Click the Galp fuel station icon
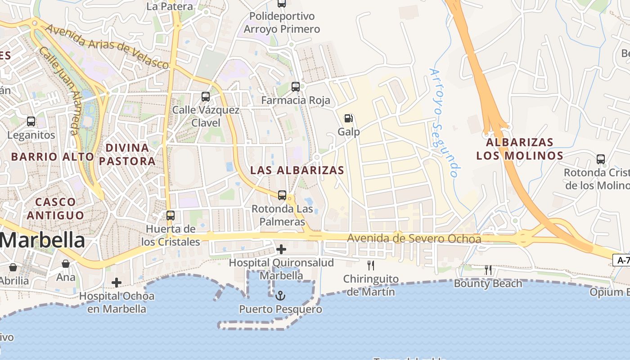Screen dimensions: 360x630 [x=348, y=118]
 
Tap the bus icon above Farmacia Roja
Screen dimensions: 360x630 [x=295, y=86]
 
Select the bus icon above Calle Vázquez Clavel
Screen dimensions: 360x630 [x=205, y=96]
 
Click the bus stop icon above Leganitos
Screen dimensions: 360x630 [x=31, y=121]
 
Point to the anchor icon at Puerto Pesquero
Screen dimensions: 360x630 [x=280, y=296]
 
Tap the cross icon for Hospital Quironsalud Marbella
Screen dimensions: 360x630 [x=281, y=249]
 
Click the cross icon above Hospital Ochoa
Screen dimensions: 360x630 [x=117, y=283]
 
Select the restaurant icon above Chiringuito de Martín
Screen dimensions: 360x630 [x=371, y=265]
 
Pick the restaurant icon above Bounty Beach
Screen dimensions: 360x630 [x=488, y=270]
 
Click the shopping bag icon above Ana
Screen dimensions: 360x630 [x=66, y=263]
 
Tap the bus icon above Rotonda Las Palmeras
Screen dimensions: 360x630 [x=282, y=195]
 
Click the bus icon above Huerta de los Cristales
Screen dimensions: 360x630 [x=171, y=215]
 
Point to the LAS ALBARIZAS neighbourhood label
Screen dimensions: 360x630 [x=297, y=171]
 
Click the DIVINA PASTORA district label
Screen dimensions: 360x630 [x=127, y=154]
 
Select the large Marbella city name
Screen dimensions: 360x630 [x=42, y=240]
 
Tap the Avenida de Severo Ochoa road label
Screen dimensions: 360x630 [x=414, y=238]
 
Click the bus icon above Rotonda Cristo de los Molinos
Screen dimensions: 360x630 [x=600, y=159]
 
